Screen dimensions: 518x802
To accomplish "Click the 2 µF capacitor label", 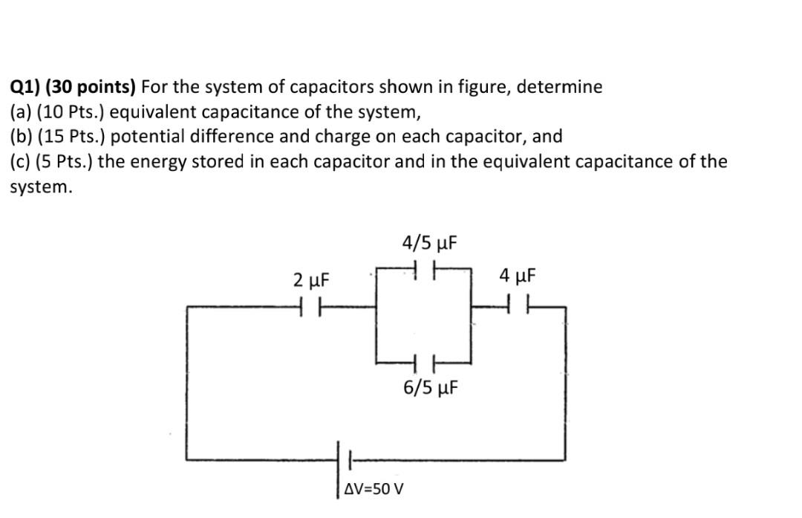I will (310, 280).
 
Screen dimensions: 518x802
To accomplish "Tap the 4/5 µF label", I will (428, 243).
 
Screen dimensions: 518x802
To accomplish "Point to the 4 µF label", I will (517, 277).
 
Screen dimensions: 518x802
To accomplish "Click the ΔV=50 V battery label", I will (375, 489).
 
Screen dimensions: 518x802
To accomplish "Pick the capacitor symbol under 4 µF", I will (517, 304).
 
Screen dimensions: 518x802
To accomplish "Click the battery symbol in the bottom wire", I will (345, 460).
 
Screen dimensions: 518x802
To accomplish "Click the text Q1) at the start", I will (25, 87).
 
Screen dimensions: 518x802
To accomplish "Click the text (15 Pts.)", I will (69, 137).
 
